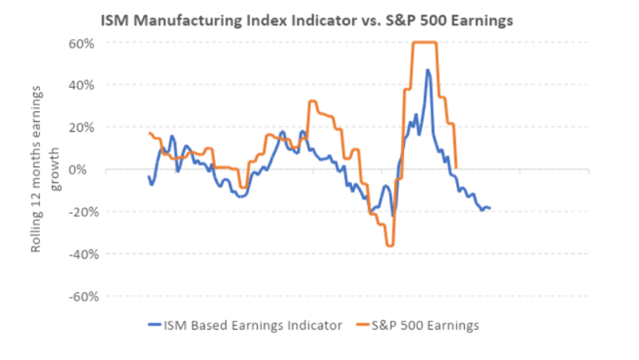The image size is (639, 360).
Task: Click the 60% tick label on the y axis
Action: pyautogui.click(x=82, y=42)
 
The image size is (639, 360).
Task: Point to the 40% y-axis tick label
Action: pyautogui.click(x=82, y=85)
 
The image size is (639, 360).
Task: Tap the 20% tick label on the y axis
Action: pyautogui.click(x=82, y=127)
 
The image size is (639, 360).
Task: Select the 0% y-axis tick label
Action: pyautogui.click(x=86, y=169)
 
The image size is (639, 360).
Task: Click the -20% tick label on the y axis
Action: pyautogui.click(x=81, y=212)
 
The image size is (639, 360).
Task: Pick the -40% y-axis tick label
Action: pyautogui.click(x=81, y=254)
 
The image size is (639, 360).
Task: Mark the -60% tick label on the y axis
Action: pyautogui.click(x=81, y=296)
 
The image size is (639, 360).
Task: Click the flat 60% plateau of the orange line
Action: pyautogui.click(x=424, y=42)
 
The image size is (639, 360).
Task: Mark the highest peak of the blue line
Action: pyautogui.click(x=428, y=70)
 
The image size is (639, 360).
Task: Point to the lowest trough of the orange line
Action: pyautogui.click(x=390, y=245)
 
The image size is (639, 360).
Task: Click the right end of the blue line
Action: pyautogui.click(x=490, y=208)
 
